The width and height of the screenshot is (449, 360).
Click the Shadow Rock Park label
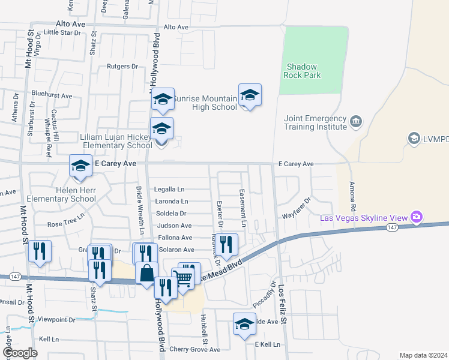[x=303, y=71]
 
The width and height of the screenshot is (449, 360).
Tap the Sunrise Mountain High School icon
[x=250, y=95]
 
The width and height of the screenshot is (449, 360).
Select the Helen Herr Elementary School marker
[x=80, y=167]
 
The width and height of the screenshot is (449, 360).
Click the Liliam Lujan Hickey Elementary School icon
[x=161, y=129]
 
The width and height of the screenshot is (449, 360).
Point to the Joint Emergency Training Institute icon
[x=356, y=122]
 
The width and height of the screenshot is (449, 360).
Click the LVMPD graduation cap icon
[x=414, y=139]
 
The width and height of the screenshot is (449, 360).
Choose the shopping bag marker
[x=146, y=274]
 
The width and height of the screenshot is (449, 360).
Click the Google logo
[x=20, y=353]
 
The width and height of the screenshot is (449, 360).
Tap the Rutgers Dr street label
[x=122, y=67]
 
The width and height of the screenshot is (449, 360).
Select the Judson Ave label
[x=174, y=226]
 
